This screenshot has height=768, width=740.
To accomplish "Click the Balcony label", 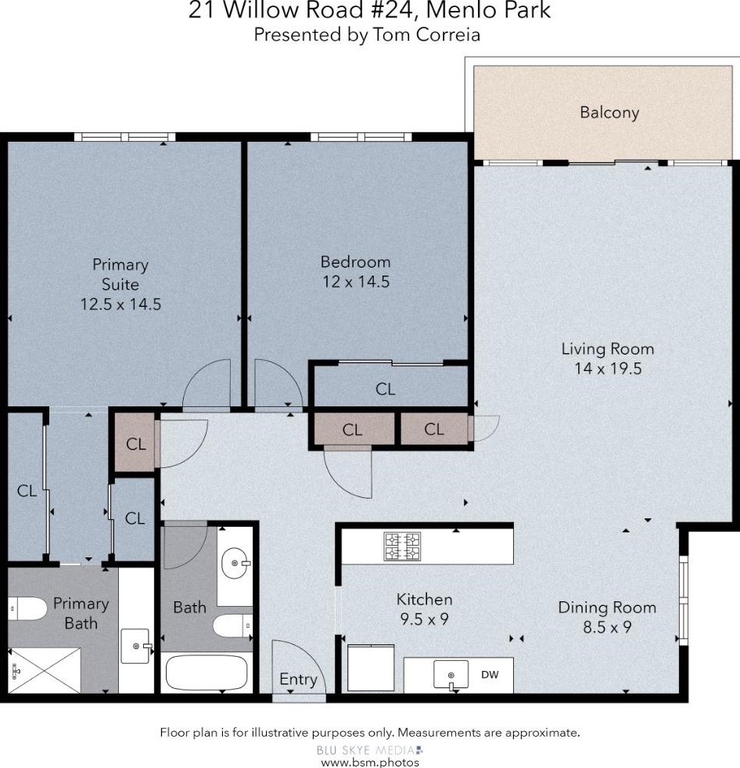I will (609, 113).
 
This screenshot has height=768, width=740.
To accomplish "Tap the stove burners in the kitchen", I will (401, 546).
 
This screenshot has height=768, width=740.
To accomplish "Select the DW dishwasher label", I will (490, 674).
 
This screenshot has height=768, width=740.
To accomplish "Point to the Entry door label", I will (298, 680).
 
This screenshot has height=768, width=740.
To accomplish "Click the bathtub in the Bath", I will (207, 672).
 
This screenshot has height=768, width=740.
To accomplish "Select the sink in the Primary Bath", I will (136, 646).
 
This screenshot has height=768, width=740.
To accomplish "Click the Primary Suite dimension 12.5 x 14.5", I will (120, 305).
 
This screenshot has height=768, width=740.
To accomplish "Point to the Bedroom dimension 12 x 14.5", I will (355, 282).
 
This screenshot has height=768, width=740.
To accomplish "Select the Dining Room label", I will (606, 608).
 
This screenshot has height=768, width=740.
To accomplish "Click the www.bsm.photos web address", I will (370, 762).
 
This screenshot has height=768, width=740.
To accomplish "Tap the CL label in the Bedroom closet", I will (385, 389).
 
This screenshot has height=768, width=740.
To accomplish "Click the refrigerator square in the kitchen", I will (371, 668).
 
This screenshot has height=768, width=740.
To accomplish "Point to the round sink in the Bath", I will (235, 561).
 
